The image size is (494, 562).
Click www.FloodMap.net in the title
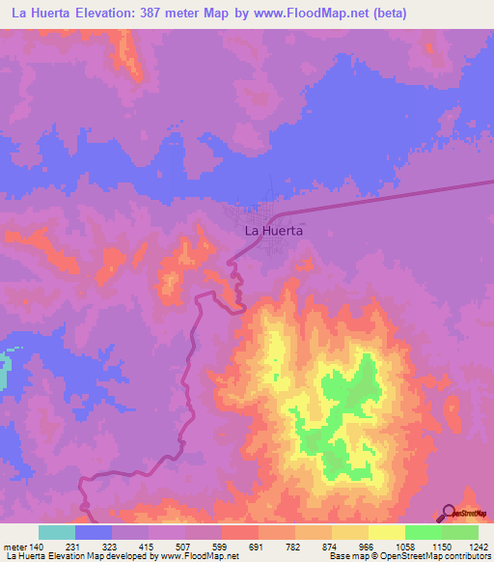pos(305,14)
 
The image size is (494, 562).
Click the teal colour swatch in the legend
pos(57,532)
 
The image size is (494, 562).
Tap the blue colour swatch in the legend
pos(94,532)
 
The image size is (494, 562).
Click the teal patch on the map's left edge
pos(4,373)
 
